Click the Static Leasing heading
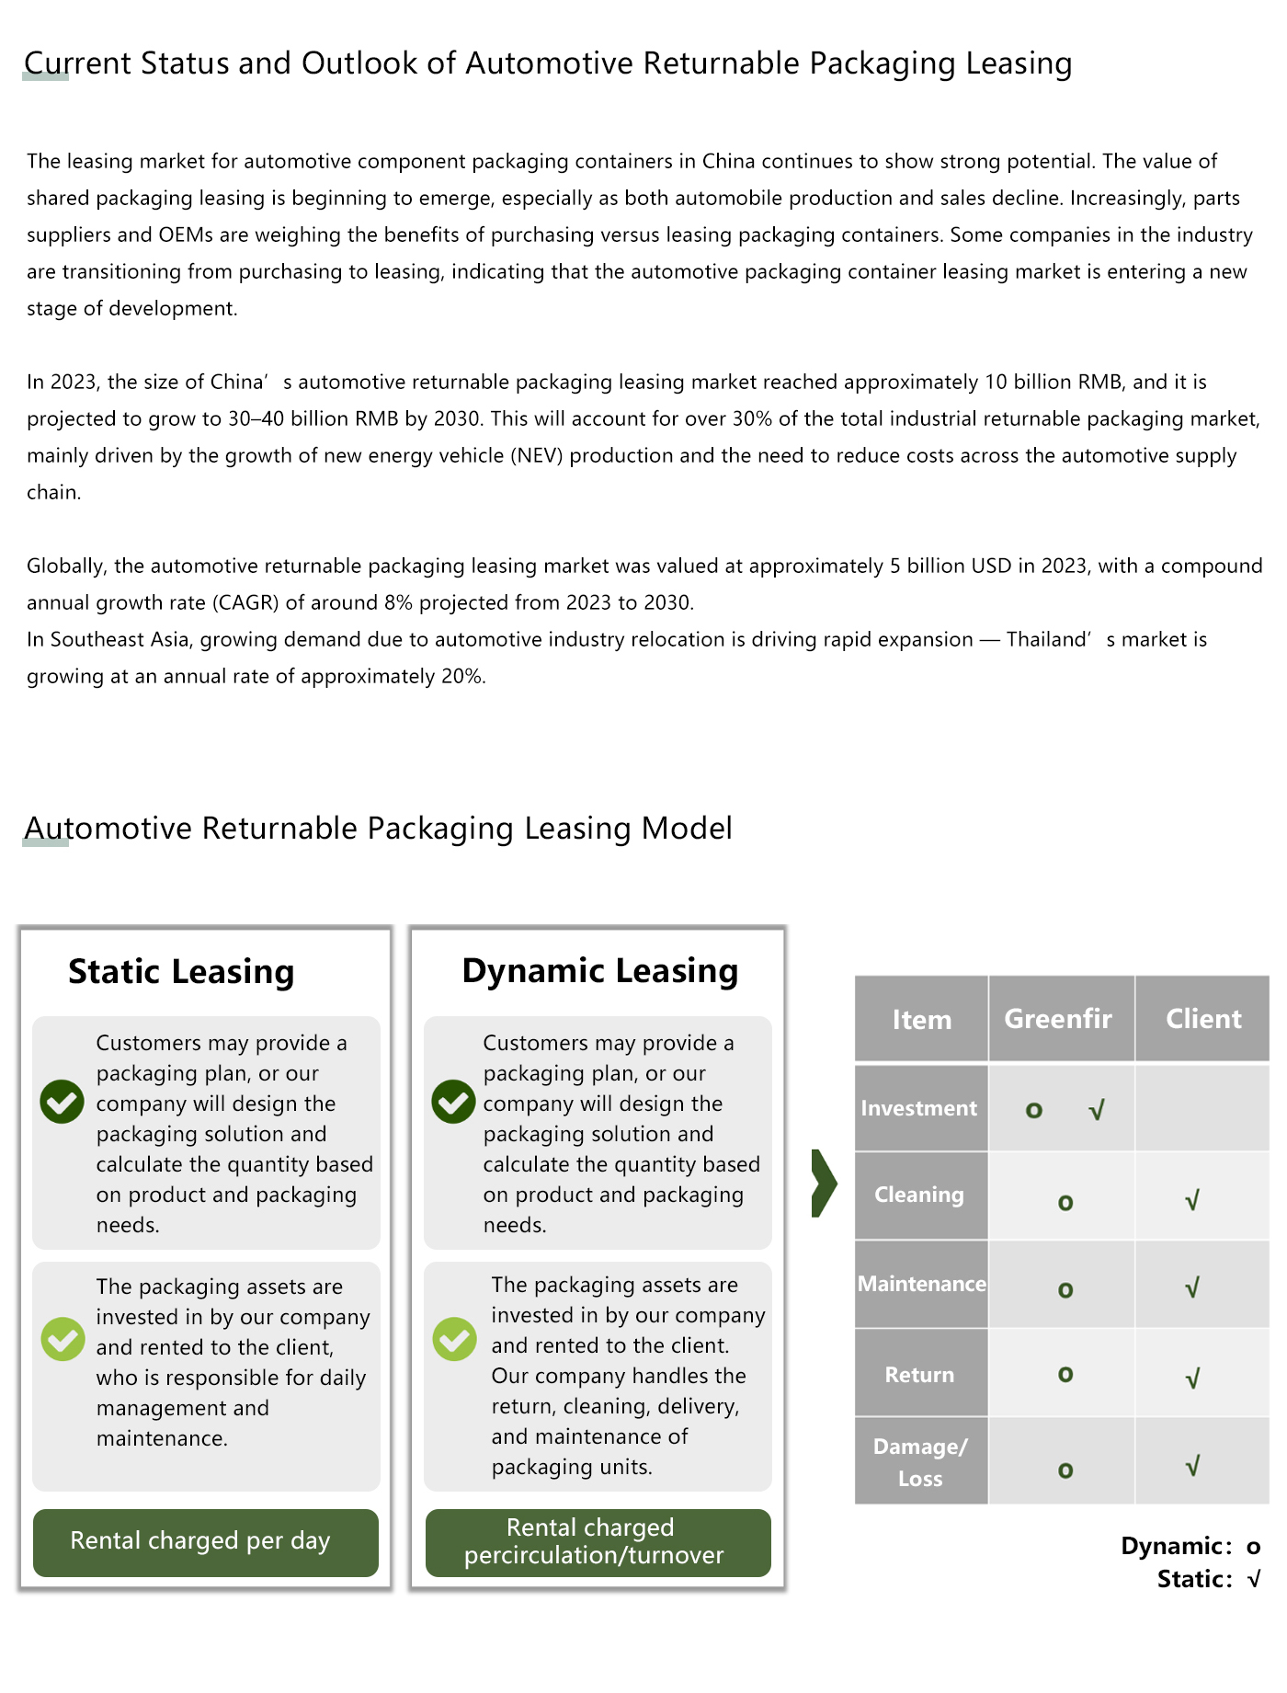pyautogui.click(x=181, y=972)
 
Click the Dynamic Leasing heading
pyautogui.click(x=599, y=971)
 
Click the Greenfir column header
pyautogui.click(x=1058, y=1019)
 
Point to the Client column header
pyautogui.click(x=1202, y=1019)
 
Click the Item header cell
pyautogui.click(x=921, y=1020)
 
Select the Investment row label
pyautogui.click(x=919, y=1108)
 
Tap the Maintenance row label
pyautogui.click(x=921, y=1284)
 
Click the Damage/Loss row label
pyautogui.click(x=920, y=1461)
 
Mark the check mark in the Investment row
pyautogui.click(x=1096, y=1111)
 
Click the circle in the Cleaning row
pyautogui.click(x=1065, y=1203)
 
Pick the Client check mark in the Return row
pyautogui.click(x=1192, y=1378)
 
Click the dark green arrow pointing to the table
pyautogui.click(x=824, y=1184)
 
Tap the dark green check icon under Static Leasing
pyautogui.click(x=63, y=1102)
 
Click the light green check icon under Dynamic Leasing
pyautogui.click(x=454, y=1339)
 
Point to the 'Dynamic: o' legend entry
pyautogui.click(x=1190, y=1546)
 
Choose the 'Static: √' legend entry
pyautogui.click(x=1208, y=1579)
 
